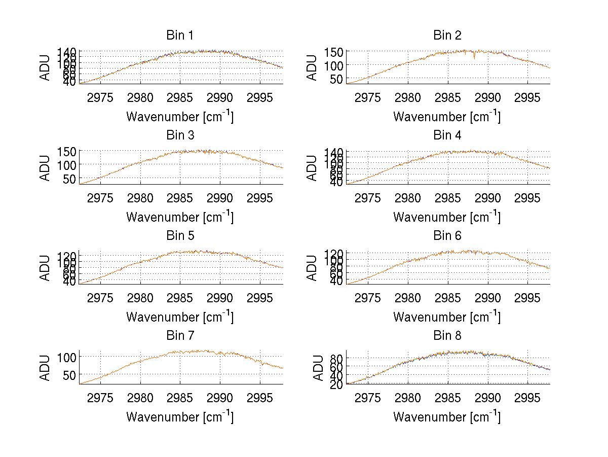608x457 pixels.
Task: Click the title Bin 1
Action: [x=180, y=36]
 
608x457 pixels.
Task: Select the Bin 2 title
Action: [x=447, y=36]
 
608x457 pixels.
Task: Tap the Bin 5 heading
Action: [x=180, y=236]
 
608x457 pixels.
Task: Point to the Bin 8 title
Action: [x=447, y=336]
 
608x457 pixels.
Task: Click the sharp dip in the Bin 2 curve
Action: [x=474, y=58]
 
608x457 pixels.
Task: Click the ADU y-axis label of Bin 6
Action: [x=313, y=267]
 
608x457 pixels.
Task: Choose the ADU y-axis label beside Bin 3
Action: [x=46, y=167]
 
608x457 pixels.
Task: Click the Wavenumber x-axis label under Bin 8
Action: [x=447, y=417]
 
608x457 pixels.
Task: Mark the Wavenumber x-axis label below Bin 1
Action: [x=180, y=117]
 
